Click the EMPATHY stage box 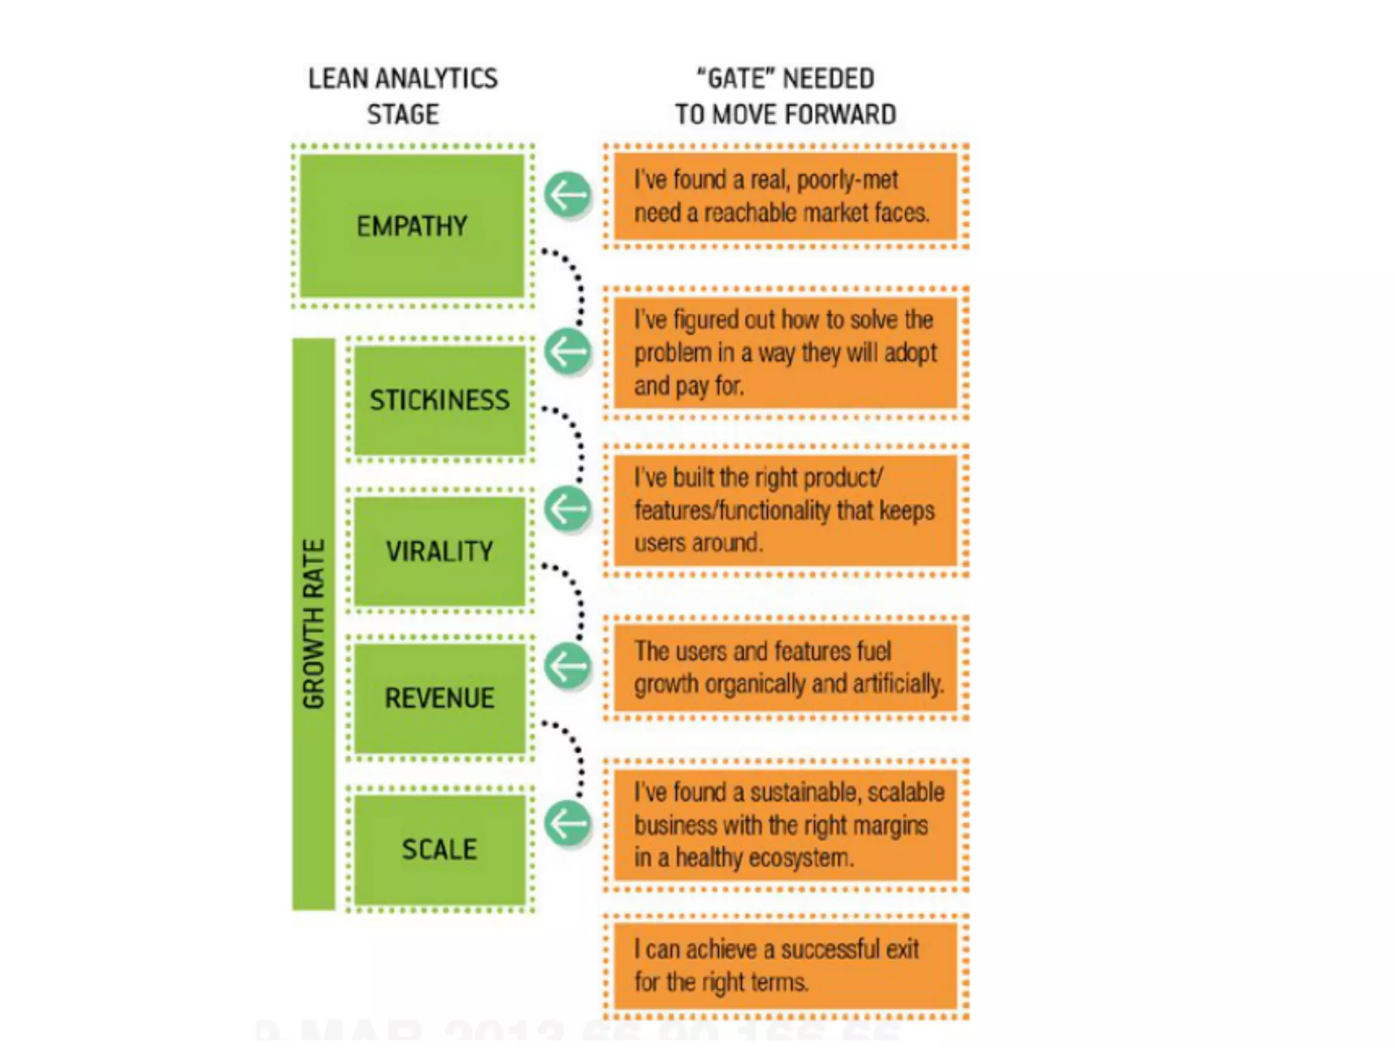412,226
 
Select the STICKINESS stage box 440,400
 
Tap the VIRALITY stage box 440,551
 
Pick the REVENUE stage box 440,698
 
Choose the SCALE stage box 440,849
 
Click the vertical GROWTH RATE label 314,624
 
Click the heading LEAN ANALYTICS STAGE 403,96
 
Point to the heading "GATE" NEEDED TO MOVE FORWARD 785,96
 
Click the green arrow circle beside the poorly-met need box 567,196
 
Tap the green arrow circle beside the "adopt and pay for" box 567,352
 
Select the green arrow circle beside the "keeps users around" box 567,509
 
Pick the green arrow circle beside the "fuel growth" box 567,666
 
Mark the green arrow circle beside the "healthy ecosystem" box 567,823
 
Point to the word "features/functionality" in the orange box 732,511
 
